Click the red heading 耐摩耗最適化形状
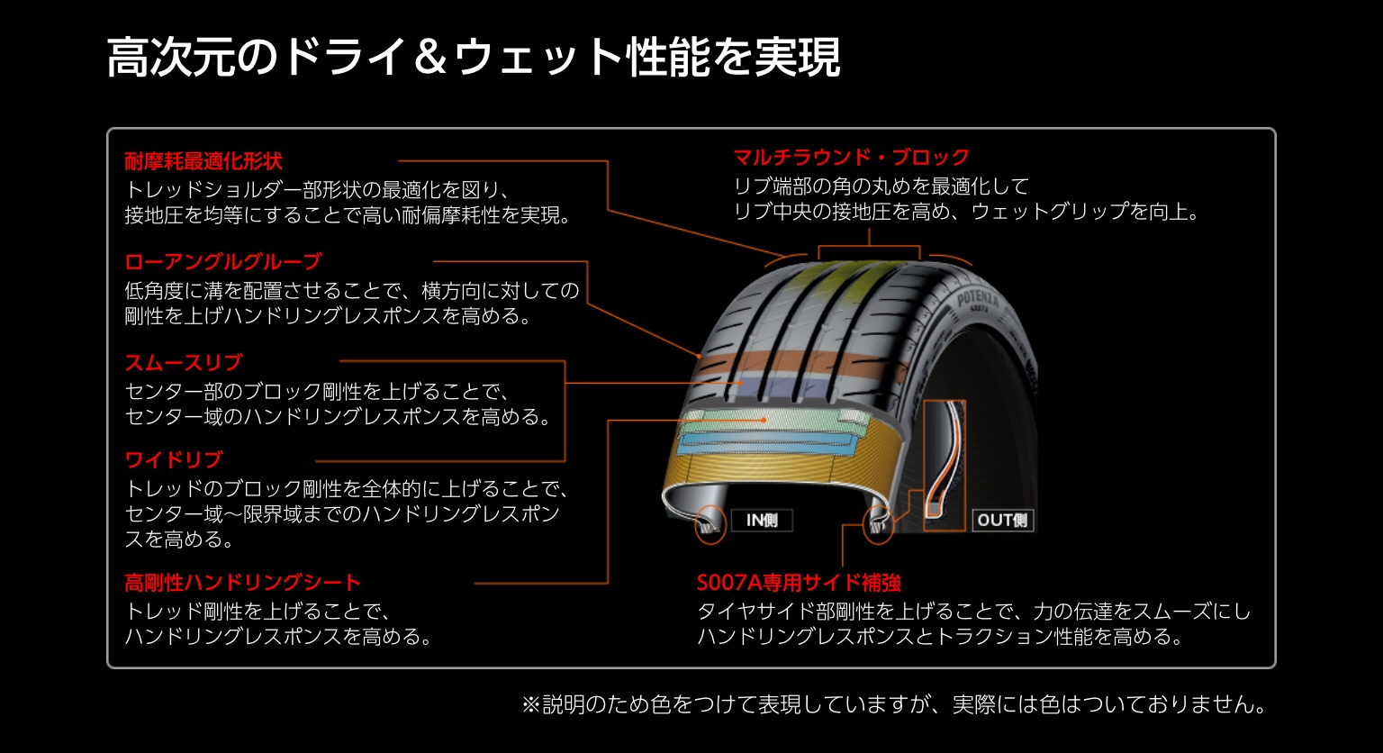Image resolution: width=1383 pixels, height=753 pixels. click(203, 161)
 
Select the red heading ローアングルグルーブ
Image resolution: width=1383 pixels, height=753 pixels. click(223, 262)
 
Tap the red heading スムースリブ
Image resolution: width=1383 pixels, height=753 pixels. click(184, 362)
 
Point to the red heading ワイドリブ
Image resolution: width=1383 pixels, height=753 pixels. click(174, 459)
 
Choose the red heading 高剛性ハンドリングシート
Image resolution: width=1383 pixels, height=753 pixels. click(242, 583)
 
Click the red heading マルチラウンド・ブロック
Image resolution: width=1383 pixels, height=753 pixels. click(852, 157)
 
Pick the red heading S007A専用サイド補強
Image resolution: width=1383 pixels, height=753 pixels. click(799, 583)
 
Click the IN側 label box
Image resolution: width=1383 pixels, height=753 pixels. click(762, 520)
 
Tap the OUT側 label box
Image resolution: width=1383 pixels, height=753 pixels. click(1003, 520)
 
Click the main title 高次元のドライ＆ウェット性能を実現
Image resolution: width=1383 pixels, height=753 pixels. click(474, 58)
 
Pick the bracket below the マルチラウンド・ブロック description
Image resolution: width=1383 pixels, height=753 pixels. click(869, 247)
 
